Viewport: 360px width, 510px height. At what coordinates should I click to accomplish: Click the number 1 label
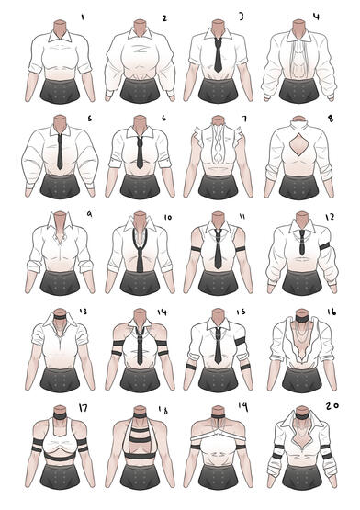tap(83, 17)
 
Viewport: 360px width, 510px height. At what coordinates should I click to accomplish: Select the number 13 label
tap(83, 312)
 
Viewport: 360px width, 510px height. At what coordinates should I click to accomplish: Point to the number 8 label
tap(331, 119)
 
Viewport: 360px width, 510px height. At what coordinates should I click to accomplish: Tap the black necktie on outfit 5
tap(60, 152)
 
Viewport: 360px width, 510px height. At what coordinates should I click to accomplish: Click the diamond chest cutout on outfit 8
tap(298, 146)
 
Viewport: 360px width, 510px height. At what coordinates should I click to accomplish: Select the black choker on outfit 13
tap(61, 317)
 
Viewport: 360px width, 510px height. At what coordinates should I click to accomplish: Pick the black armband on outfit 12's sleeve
tap(325, 246)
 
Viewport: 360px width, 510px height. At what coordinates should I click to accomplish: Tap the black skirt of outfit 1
tap(60, 91)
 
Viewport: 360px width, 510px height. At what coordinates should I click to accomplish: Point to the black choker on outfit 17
tap(60, 416)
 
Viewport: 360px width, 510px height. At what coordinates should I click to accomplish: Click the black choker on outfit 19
tap(218, 416)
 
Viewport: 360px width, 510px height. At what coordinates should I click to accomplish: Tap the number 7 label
tap(244, 119)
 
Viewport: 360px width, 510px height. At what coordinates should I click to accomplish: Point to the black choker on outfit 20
tap(302, 415)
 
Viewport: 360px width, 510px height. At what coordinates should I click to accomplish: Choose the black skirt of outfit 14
tap(140, 380)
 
